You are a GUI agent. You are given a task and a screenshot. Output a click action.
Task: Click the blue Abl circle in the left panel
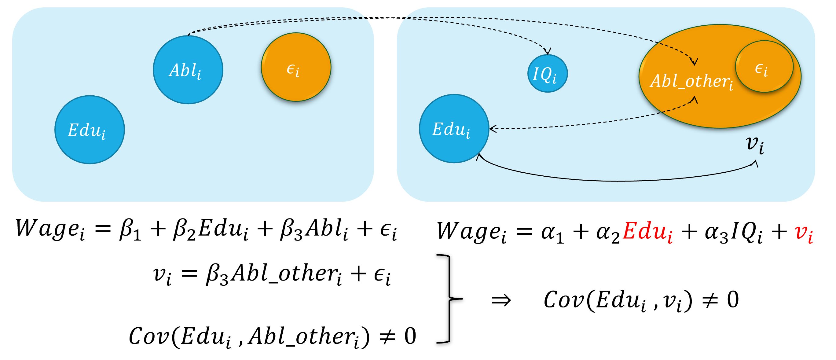tap(188, 70)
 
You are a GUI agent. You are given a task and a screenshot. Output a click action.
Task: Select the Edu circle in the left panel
tap(90, 130)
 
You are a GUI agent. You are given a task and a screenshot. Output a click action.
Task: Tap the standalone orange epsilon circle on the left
tap(296, 67)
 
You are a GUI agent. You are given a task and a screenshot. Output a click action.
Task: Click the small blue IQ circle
tap(548, 74)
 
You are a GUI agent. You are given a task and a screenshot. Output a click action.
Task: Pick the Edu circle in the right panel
tap(454, 129)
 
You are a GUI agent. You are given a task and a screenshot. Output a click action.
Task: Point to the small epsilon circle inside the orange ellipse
tap(764, 67)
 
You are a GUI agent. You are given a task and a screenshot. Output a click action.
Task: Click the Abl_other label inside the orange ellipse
tap(691, 81)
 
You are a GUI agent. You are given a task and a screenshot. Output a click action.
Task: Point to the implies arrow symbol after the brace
tap(501, 300)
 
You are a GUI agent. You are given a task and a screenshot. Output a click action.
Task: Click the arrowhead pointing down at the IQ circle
tap(548, 51)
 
